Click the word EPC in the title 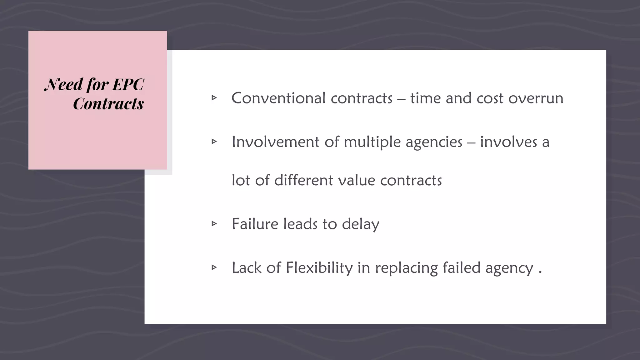coord(128,84)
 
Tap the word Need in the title coord(64,84)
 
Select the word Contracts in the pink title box coord(108,104)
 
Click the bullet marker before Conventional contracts coord(214,98)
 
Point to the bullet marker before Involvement coord(214,142)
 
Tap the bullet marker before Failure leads coord(214,223)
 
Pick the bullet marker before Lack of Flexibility coord(214,267)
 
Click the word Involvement coord(275,142)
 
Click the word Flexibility coord(319,268)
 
